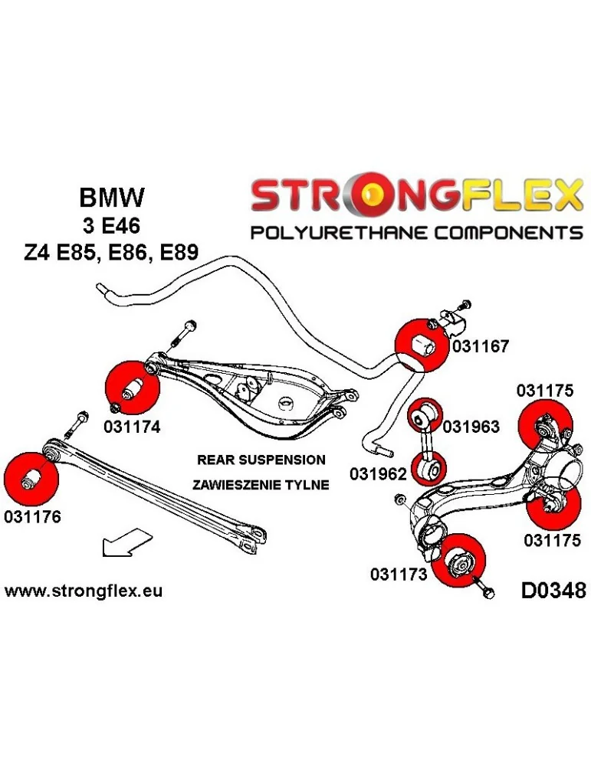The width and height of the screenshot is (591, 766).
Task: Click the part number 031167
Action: tap(481, 346)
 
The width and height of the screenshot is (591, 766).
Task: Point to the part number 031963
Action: tap(471, 427)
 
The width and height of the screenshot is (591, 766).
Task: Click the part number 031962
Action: tap(378, 474)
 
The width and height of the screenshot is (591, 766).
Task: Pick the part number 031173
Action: tap(398, 574)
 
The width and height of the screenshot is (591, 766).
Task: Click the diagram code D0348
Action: tap(553, 591)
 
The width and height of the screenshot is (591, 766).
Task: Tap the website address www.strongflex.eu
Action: tap(84, 591)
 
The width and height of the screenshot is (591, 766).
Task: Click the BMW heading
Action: tap(111, 198)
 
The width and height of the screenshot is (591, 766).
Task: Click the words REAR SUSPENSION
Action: tap(261, 460)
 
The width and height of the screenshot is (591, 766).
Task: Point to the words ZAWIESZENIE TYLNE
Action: tap(261, 484)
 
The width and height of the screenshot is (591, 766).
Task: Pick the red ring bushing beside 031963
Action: tap(424, 415)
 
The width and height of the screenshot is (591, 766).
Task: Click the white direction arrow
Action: tap(126, 543)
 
